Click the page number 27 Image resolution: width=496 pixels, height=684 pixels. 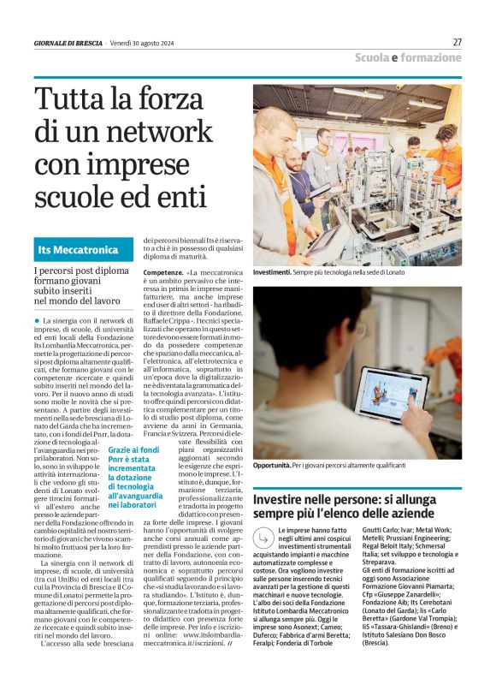pos(457,42)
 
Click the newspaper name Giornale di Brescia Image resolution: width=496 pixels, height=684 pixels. pos(68,43)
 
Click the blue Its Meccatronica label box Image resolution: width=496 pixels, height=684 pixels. pos(84,250)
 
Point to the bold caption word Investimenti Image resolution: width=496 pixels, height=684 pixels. pos(273,271)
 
